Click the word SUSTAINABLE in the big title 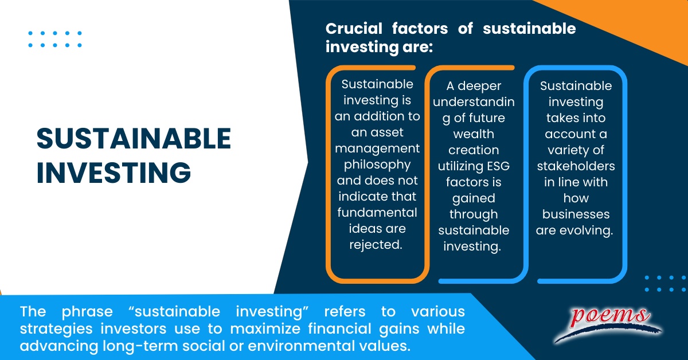tap(134, 138)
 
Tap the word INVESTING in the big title tap(113, 173)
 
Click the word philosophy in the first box tap(377, 165)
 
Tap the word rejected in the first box tap(376, 244)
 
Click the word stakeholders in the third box tap(576, 166)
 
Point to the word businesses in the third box tap(576, 214)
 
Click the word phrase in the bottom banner tap(80, 312)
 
